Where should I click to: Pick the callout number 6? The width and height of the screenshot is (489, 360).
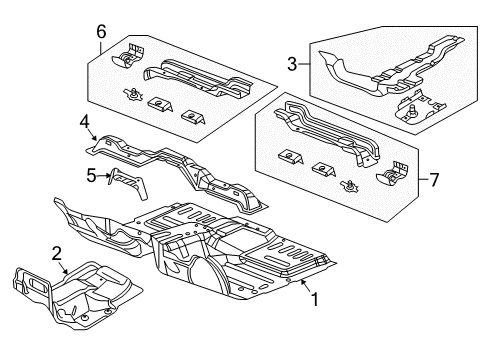pos(101,32)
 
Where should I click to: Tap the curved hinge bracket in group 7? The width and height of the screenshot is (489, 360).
pos(394,178)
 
